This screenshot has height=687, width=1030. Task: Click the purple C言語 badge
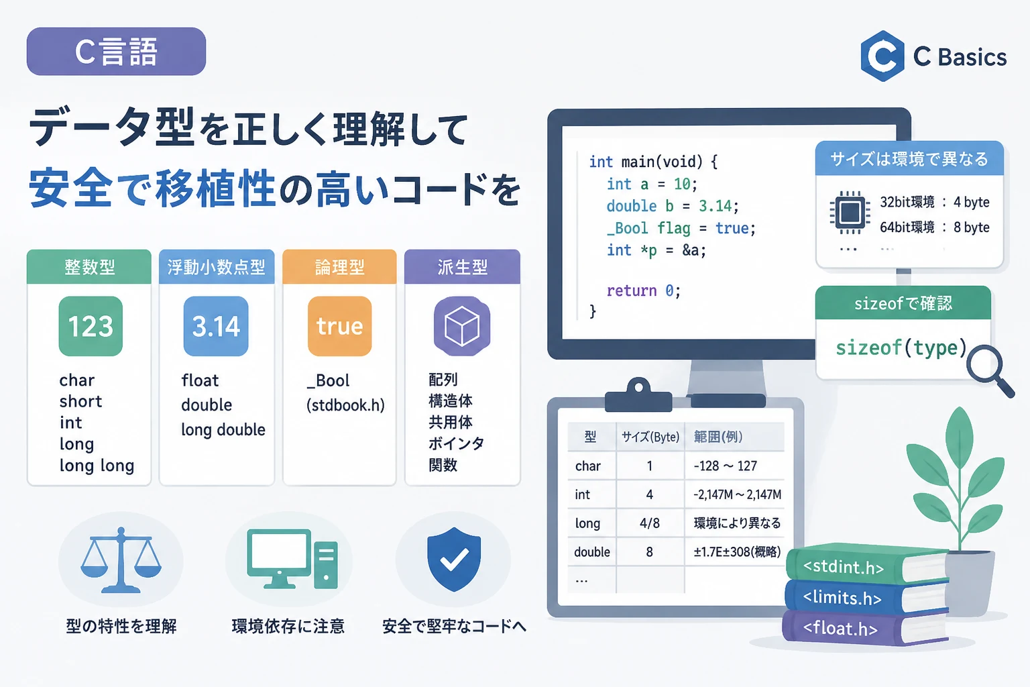116,51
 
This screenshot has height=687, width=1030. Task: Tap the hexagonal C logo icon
882,56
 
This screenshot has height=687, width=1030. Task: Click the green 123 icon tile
91,326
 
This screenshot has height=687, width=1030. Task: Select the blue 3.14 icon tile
216,326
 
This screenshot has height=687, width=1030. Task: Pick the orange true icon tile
339,326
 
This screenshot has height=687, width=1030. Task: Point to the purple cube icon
461,326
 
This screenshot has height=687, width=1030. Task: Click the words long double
223,430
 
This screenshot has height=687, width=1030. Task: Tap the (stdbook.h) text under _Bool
345,405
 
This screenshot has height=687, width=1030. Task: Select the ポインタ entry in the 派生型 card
456,443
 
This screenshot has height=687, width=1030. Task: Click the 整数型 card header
89,267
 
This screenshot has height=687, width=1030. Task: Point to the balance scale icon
121,560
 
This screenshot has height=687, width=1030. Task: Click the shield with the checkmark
454,559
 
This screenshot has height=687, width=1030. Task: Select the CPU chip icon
850,213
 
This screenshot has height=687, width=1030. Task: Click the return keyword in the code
631,290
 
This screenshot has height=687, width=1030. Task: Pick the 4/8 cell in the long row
650,523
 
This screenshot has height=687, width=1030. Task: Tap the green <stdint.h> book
866,565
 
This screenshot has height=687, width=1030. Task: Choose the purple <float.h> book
864,628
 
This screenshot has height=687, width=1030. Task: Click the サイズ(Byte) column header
650,437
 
